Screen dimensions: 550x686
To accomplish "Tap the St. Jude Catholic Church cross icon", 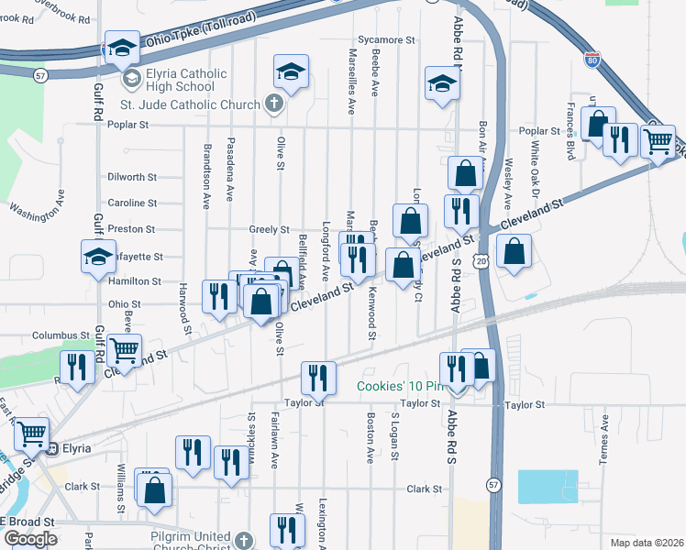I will pos(272,104).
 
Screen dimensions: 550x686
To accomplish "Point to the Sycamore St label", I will pos(386,40).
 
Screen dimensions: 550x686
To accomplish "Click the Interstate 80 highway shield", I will pos(593,61).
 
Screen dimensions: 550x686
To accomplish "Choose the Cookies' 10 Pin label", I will pos(395,387).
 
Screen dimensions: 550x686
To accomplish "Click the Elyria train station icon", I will pos(52,448).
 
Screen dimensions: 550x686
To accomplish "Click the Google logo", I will pos(30,538).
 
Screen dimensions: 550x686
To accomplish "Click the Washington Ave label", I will pos(38,212).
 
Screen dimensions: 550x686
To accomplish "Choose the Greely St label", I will pos(270,229).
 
